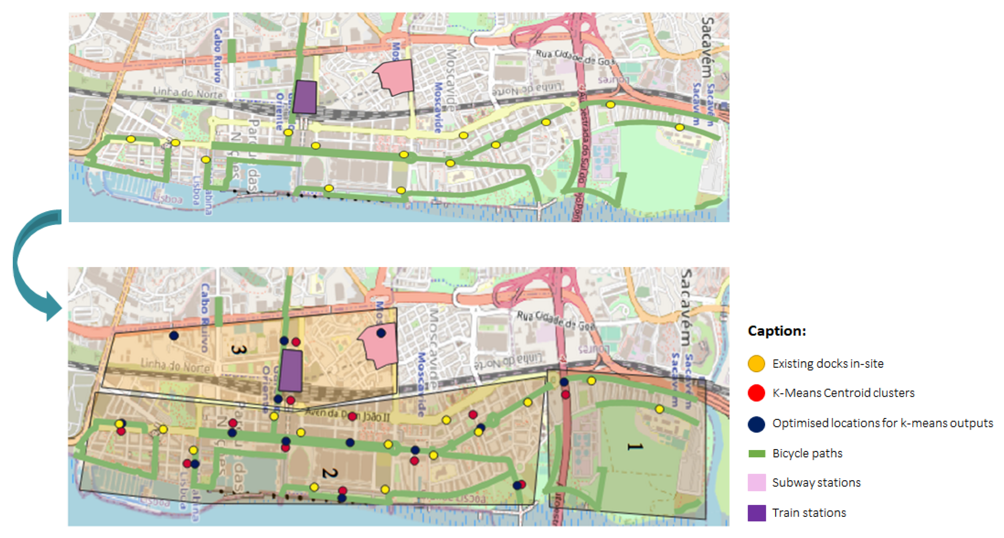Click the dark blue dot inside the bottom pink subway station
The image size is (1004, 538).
point(381,333)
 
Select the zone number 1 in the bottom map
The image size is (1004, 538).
point(634,447)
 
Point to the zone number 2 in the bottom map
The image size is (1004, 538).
point(329,473)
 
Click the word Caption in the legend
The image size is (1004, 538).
point(776,331)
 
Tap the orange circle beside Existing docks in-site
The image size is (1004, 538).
point(756,364)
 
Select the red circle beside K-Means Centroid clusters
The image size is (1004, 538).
point(756,393)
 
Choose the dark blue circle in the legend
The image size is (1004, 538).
point(756,424)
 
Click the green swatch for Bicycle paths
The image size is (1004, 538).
point(756,453)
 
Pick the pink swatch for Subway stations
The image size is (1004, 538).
point(756,483)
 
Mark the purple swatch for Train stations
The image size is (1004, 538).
point(756,513)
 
